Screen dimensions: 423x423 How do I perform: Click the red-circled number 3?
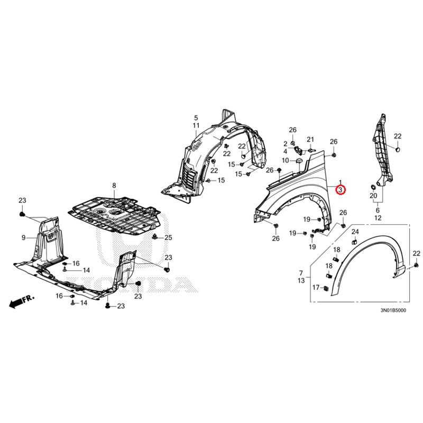coord(341,190)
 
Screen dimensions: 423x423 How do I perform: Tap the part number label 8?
coord(113,185)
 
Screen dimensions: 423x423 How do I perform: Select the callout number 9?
coord(23,238)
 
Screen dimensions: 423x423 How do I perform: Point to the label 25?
coord(168,237)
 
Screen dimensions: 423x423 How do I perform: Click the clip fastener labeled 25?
coord(155,236)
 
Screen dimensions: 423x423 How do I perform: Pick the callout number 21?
coord(311,140)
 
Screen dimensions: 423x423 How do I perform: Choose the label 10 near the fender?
coord(285,160)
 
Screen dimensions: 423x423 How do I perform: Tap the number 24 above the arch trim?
coord(355,232)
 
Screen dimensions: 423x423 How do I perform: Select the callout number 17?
coord(316,288)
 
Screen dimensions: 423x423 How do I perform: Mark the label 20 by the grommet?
coord(373,196)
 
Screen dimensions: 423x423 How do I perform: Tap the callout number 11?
coord(196,125)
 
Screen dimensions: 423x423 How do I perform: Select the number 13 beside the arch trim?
coord(301,280)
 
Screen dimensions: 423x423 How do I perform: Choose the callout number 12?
coord(378,218)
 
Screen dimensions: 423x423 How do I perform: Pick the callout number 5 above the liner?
coord(196,117)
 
